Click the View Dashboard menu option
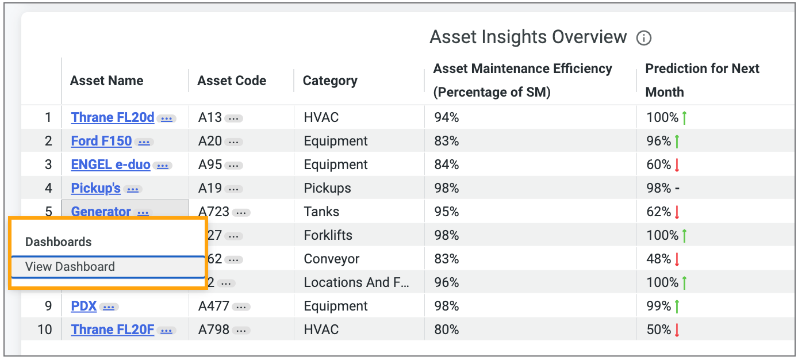70,267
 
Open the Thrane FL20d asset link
113,118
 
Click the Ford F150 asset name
101,141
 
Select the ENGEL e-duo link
110,165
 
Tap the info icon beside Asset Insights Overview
644,39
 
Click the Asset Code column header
232,81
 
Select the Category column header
330,81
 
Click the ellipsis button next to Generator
143,212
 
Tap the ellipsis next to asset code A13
233,118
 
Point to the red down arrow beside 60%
677,166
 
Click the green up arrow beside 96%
677,141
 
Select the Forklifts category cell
328,235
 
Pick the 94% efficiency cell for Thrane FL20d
447,118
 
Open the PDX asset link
84,307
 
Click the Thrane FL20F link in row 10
113,330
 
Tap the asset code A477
213,307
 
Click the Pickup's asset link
95,189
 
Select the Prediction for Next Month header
702,80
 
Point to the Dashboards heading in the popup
59,242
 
